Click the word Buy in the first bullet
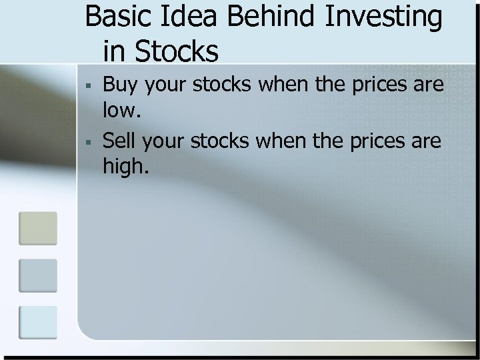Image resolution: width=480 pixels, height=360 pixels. [x=119, y=87]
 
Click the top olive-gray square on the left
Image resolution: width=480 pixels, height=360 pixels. [x=37, y=228]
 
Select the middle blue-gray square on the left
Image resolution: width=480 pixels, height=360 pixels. [x=37, y=275]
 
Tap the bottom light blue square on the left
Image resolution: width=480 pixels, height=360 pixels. [x=37, y=321]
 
